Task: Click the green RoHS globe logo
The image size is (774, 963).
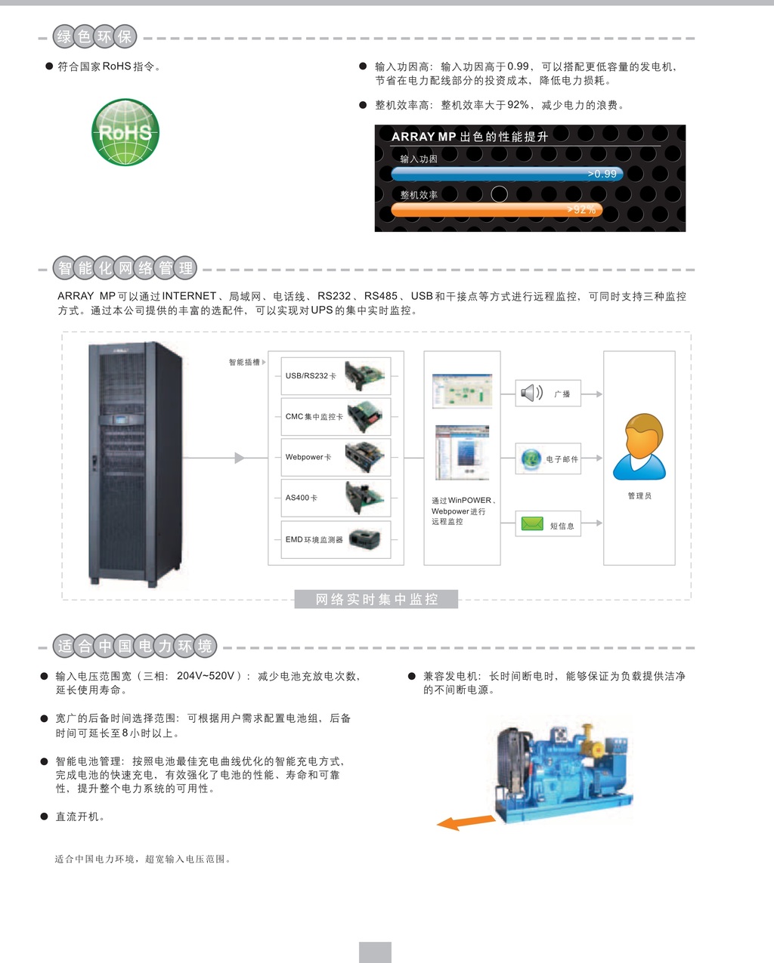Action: click(x=125, y=132)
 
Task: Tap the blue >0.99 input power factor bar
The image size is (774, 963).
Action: click(x=507, y=174)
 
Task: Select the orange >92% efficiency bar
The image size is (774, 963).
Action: click(x=497, y=209)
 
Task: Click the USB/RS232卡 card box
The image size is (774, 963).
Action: click(x=336, y=376)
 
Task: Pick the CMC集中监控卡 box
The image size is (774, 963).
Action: click(x=336, y=417)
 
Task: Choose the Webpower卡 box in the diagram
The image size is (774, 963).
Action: click(x=336, y=457)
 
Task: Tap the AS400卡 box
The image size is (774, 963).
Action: click(x=336, y=498)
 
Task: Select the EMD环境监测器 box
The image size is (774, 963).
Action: click(x=336, y=539)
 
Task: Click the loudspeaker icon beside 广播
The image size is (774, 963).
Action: click(x=531, y=394)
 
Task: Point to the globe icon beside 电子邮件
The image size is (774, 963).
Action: click(x=531, y=458)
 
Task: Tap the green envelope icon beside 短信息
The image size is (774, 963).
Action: click(x=532, y=523)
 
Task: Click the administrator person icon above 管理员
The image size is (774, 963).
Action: click(x=639, y=446)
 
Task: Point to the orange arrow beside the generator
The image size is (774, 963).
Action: click(x=466, y=822)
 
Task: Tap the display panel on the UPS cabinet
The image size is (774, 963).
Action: click(x=122, y=420)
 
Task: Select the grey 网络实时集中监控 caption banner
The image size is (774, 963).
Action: click(x=376, y=599)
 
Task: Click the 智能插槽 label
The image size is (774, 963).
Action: click(x=244, y=362)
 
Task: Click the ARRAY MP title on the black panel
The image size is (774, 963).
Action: click(x=424, y=137)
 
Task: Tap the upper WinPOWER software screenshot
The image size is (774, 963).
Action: click(x=463, y=391)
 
